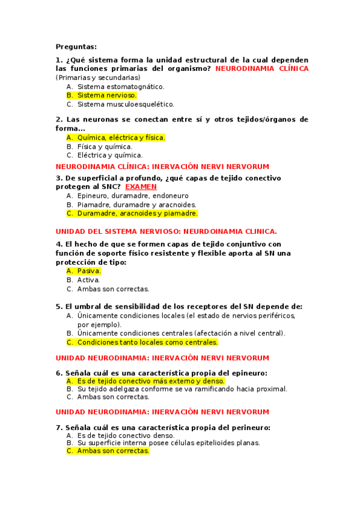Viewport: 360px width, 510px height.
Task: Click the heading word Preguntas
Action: (x=76, y=47)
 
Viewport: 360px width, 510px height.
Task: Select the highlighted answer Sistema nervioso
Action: (x=107, y=95)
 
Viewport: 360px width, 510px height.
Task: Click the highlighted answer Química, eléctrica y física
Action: (x=121, y=138)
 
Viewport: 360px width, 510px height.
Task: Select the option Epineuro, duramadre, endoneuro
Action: (x=133, y=195)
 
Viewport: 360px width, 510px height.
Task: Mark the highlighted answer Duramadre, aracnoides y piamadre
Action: (x=137, y=213)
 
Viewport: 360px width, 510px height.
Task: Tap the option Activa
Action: (x=88, y=280)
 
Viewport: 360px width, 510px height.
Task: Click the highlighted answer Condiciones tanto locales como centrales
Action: (x=147, y=342)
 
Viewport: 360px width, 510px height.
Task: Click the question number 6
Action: (x=58, y=373)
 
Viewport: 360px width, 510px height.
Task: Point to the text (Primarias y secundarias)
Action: (x=98, y=78)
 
